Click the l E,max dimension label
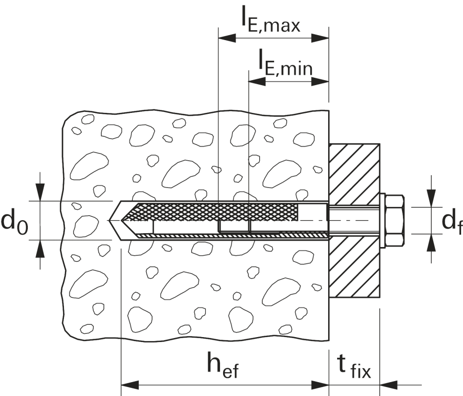[x=270, y=20]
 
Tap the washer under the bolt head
[x=382, y=220]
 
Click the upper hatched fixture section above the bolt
[x=354, y=173]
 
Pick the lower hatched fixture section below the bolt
[x=354, y=270]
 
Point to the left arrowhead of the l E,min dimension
[x=255, y=80]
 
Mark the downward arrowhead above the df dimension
[x=432, y=198]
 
